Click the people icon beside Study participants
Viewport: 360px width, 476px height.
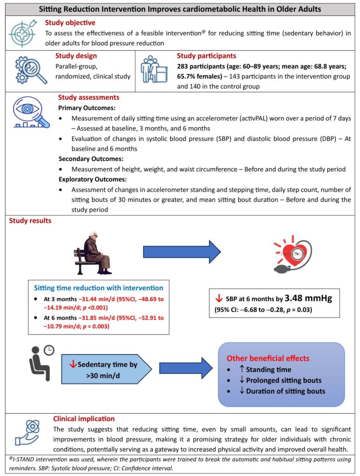pyautogui.click(x=154, y=71)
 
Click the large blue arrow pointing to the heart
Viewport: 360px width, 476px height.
pyautogui.click(x=182, y=252)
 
